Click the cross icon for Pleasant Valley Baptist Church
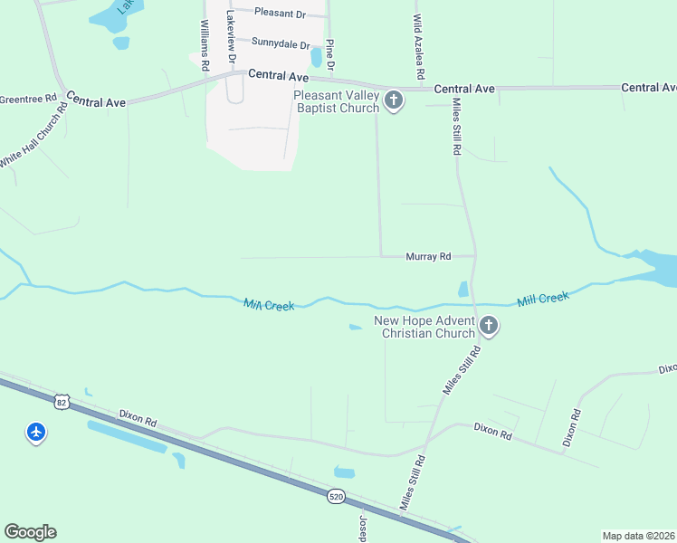[394, 100]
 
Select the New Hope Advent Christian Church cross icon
[489, 327]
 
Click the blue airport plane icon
[36, 433]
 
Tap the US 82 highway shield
[62, 400]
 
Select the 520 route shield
[336, 497]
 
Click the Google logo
[30, 532]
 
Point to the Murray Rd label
[427, 257]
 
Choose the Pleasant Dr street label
[281, 13]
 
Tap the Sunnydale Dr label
[281, 43]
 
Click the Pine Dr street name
[330, 54]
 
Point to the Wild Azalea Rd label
[418, 45]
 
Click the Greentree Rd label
[28, 98]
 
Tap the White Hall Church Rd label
[34, 134]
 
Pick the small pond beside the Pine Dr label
[316, 57]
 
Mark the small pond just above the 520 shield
[344, 472]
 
